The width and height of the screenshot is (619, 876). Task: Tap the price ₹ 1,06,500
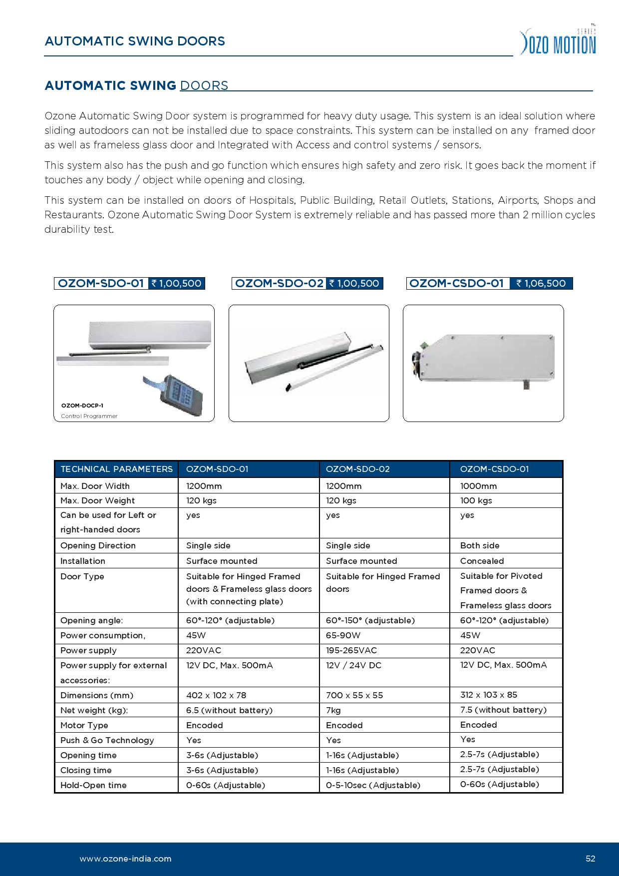point(541,284)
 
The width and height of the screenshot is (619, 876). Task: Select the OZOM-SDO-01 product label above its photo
point(101,284)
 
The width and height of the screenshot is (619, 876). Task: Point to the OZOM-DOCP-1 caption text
point(82,406)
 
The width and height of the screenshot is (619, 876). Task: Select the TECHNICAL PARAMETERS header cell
point(116,469)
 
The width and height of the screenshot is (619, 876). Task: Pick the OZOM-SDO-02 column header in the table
point(357,469)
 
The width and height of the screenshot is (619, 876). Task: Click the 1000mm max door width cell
point(478,486)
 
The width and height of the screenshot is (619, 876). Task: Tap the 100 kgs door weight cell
point(476,500)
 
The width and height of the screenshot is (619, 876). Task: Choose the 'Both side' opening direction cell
point(480,545)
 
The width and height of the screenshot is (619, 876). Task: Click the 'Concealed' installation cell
point(482,561)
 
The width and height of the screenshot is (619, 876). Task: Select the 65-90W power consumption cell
point(343,635)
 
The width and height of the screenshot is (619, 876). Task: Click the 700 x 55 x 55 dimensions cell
point(354,695)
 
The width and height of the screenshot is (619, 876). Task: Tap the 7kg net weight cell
point(333,710)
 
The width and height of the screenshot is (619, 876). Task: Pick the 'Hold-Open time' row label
point(93,785)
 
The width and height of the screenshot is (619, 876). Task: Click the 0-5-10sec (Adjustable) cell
point(373,785)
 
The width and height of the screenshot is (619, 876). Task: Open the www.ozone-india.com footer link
point(125,859)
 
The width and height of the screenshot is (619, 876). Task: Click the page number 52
point(591,859)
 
